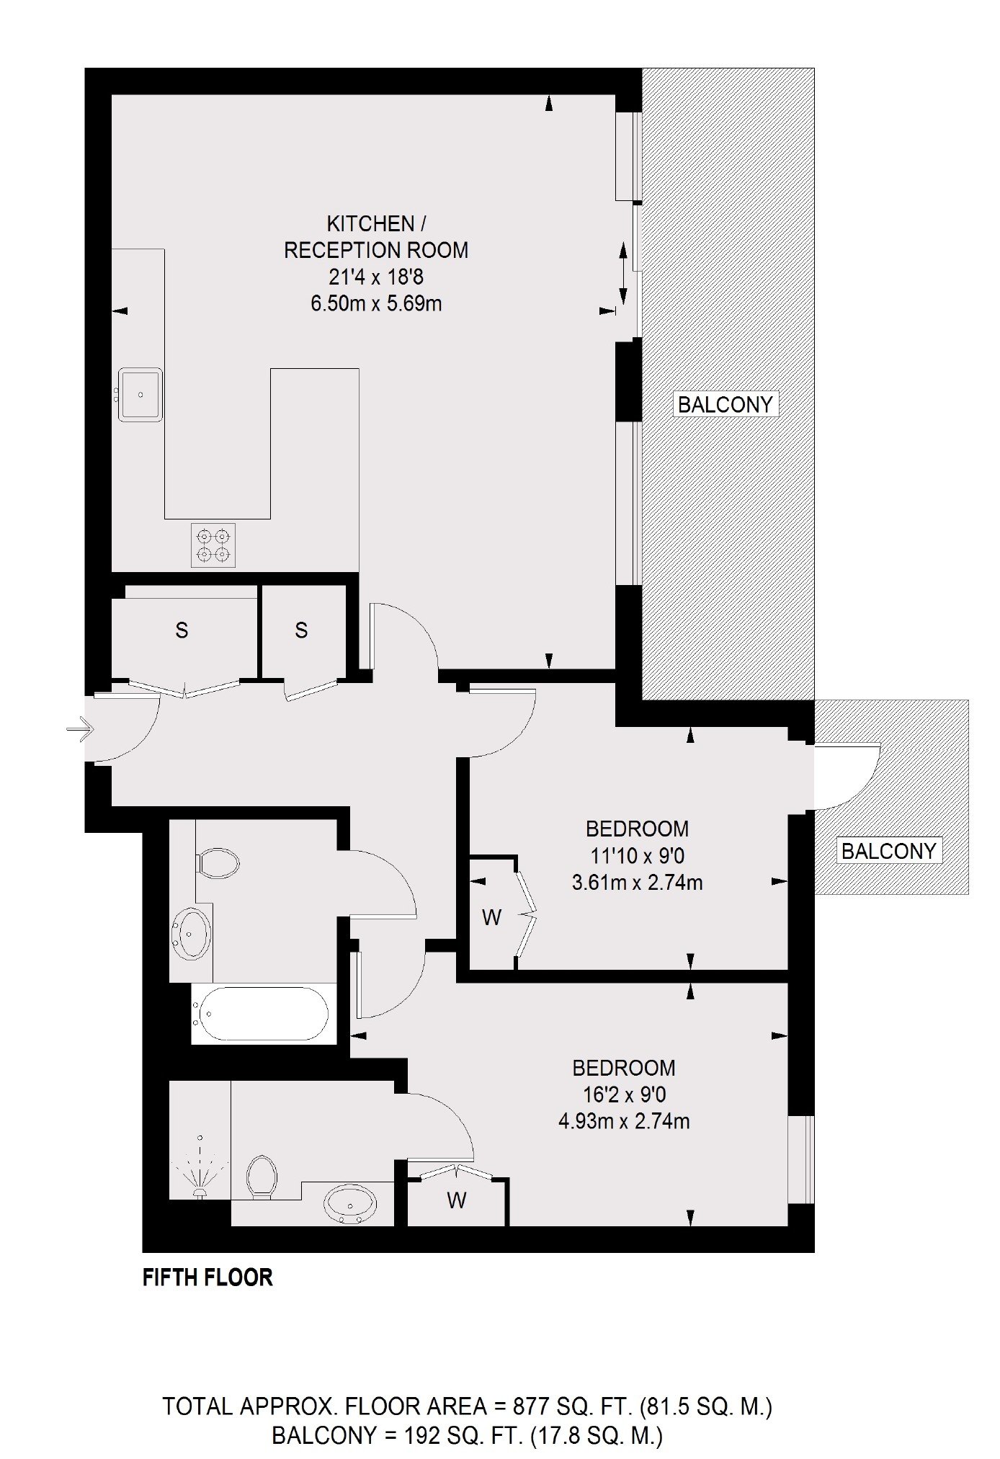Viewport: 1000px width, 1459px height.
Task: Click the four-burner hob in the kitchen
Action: tap(213, 545)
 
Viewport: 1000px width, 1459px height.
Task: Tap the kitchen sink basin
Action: tap(140, 394)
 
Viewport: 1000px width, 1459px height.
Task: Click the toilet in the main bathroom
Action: tap(218, 862)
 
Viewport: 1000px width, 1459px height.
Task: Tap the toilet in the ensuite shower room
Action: tap(262, 1177)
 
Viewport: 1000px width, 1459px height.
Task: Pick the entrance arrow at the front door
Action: tap(80, 730)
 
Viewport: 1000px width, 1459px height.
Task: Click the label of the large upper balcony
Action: tap(726, 404)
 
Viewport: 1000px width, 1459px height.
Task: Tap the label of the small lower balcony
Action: tap(888, 851)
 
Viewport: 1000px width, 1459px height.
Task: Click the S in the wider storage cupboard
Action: tap(182, 630)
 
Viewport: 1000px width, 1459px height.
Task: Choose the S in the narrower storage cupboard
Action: tap(301, 630)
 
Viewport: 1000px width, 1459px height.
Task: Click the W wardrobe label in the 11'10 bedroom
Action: tap(491, 917)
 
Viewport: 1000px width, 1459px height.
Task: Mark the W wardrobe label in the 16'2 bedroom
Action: tap(456, 1200)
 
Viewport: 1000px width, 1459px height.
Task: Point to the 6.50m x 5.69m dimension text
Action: tap(376, 303)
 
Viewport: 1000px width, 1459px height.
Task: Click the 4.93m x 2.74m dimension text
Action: tap(624, 1121)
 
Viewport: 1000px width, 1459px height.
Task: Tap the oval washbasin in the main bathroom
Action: tap(192, 934)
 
